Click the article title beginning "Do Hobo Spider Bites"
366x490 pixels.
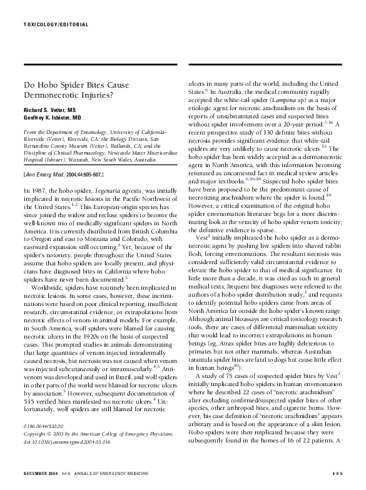click(x=69, y=89)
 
